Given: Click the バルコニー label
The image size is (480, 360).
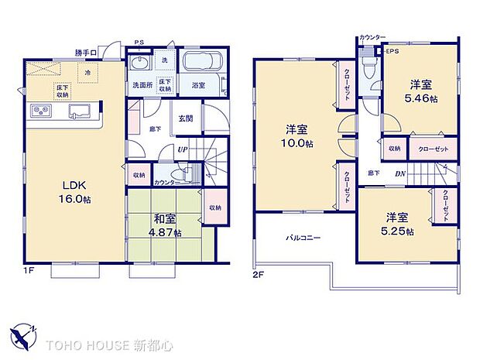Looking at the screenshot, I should pyautogui.click(x=303, y=238).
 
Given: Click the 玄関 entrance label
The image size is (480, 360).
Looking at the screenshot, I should pyautogui.click(x=186, y=118).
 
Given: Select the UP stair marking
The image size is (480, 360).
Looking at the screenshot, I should pyautogui.click(x=182, y=149).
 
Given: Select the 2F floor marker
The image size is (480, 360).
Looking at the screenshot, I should pyautogui.click(x=257, y=273).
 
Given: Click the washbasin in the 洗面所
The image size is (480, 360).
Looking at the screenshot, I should pyautogui.click(x=139, y=63).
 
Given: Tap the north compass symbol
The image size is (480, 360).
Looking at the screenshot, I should pyautogui.click(x=23, y=335).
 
